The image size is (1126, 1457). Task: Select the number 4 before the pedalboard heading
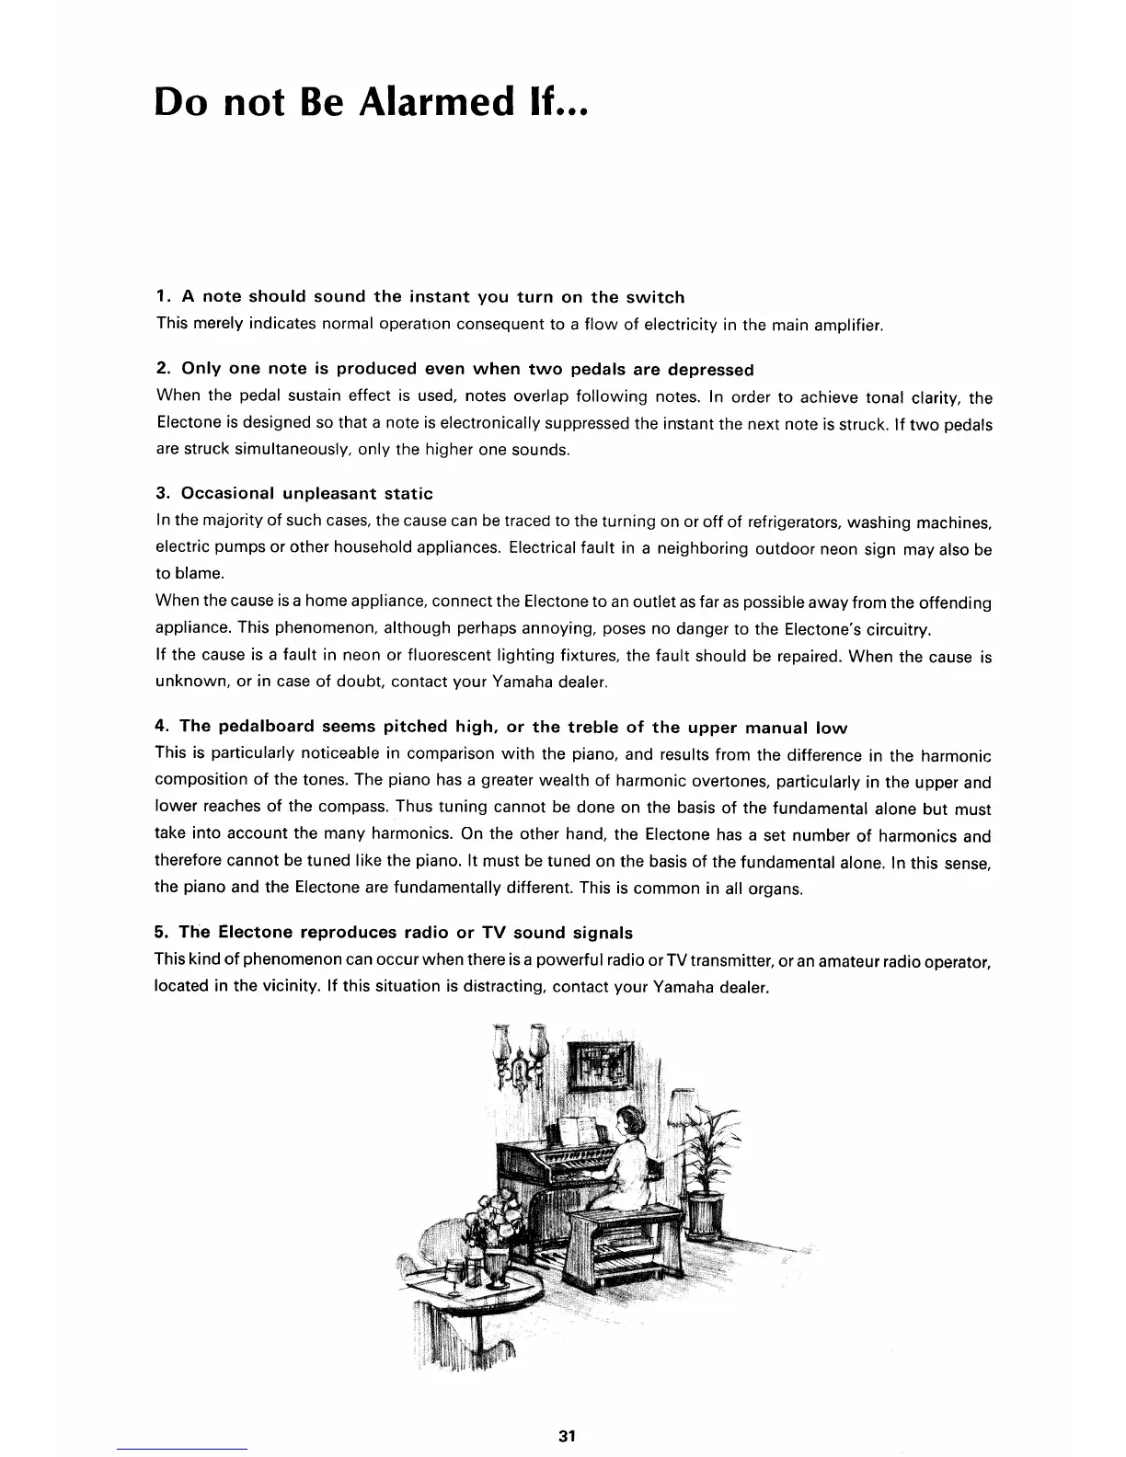161,727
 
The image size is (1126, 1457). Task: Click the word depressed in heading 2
710,369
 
